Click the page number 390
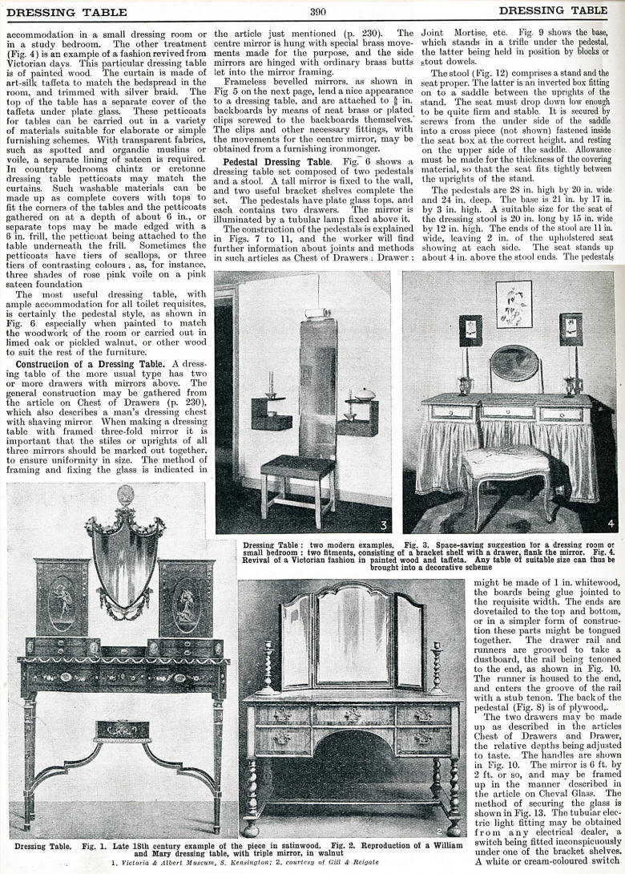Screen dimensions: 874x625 [317, 10]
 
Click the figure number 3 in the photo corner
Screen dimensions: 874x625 [383, 525]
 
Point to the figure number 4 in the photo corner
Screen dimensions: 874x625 [610, 524]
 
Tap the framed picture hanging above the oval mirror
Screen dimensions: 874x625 [514, 304]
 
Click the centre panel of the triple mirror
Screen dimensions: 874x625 [352, 626]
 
